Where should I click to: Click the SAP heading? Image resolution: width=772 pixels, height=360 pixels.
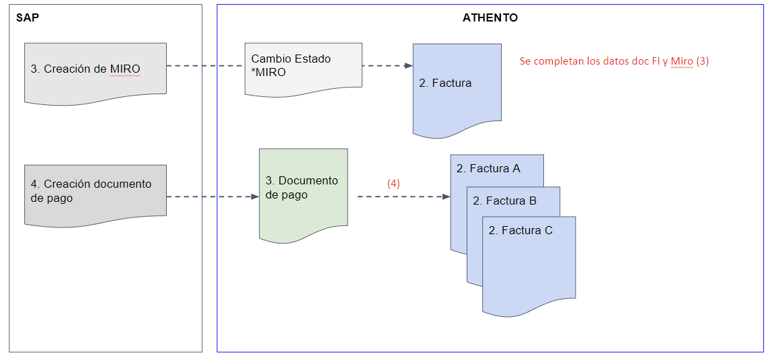[28, 18]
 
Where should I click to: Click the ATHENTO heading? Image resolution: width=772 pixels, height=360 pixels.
[490, 18]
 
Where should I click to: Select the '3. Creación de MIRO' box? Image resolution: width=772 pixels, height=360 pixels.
[95, 70]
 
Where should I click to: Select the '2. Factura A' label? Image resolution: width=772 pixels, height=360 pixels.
[488, 169]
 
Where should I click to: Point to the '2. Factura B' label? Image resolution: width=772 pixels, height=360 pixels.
[504, 201]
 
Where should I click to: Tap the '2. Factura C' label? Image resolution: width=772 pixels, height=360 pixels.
[520, 231]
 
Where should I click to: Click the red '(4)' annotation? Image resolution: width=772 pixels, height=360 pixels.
[393, 183]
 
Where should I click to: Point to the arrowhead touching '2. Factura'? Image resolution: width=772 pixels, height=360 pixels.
[408, 66]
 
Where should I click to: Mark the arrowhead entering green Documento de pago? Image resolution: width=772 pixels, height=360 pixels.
[255, 197]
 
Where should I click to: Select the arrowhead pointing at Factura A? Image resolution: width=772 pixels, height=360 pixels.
[446, 197]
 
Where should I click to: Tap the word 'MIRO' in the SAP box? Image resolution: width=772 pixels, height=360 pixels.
[125, 69]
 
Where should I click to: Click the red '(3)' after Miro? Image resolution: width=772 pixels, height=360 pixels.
[702, 61]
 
